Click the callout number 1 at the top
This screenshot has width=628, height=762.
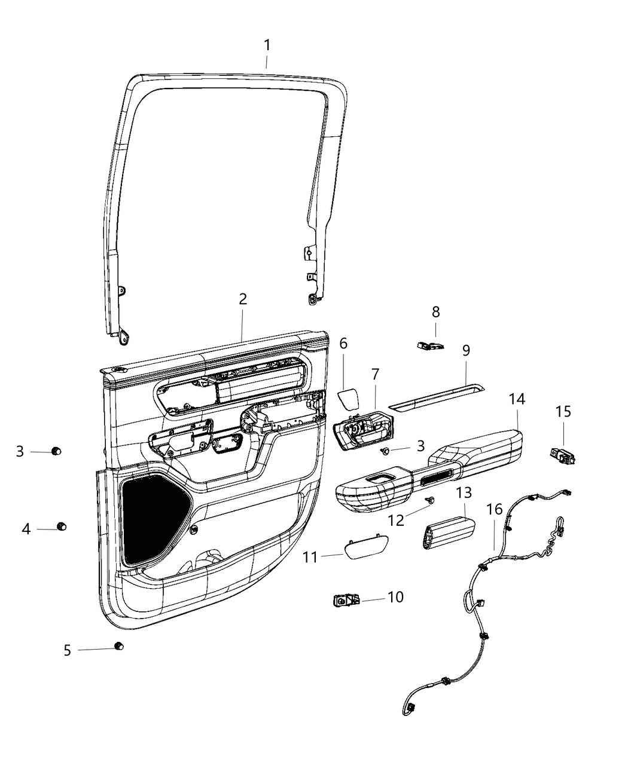click(x=267, y=45)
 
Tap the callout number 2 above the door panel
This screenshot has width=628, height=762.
click(x=243, y=299)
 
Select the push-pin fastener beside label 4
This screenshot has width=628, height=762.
click(x=61, y=526)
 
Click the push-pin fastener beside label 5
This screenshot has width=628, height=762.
click(x=118, y=646)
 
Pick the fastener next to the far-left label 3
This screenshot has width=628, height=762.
click(x=56, y=451)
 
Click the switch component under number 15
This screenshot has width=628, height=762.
click(x=562, y=455)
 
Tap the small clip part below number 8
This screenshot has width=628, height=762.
click(x=429, y=345)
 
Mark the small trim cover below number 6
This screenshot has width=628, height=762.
click(x=347, y=399)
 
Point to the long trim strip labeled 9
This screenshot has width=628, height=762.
click(x=437, y=397)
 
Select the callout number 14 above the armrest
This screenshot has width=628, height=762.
click(x=517, y=399)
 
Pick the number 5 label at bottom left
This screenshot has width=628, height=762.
click(x=68, y=650)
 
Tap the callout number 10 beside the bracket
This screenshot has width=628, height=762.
click(x=395, y=597)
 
